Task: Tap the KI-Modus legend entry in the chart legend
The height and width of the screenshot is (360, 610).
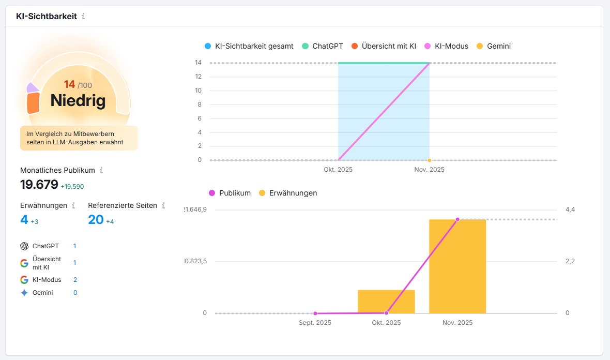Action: (x=446, y=46)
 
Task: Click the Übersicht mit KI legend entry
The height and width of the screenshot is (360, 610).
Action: (x=383, y=46)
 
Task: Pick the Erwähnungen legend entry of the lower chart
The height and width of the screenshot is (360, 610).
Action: (x=287, y=193)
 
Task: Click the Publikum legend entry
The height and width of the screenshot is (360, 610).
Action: (x=230, y=193)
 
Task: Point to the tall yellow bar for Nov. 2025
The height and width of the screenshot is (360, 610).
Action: (x=457, y=266)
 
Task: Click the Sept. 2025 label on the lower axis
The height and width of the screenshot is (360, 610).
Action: (x=315, y=323)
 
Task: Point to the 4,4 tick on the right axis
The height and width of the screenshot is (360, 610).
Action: (x=570, y=209)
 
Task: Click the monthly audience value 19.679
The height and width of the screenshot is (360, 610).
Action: (x=39, y=185)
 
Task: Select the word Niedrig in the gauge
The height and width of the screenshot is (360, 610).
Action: (x=78, y=100)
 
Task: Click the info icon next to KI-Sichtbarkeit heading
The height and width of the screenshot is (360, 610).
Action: (x=83, y=17)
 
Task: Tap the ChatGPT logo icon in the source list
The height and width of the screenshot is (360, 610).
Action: (x=24, y=246)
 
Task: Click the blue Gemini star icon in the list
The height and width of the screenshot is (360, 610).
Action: (x=24, y=293)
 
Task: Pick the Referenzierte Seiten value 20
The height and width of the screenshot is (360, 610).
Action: (x=96, y=220)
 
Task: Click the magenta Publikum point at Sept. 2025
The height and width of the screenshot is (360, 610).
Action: (x=315, y=313)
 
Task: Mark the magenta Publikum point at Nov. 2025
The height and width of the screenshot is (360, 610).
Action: (x=457, y=219)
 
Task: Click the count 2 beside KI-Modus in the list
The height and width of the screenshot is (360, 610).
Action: (x=75, y=280)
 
